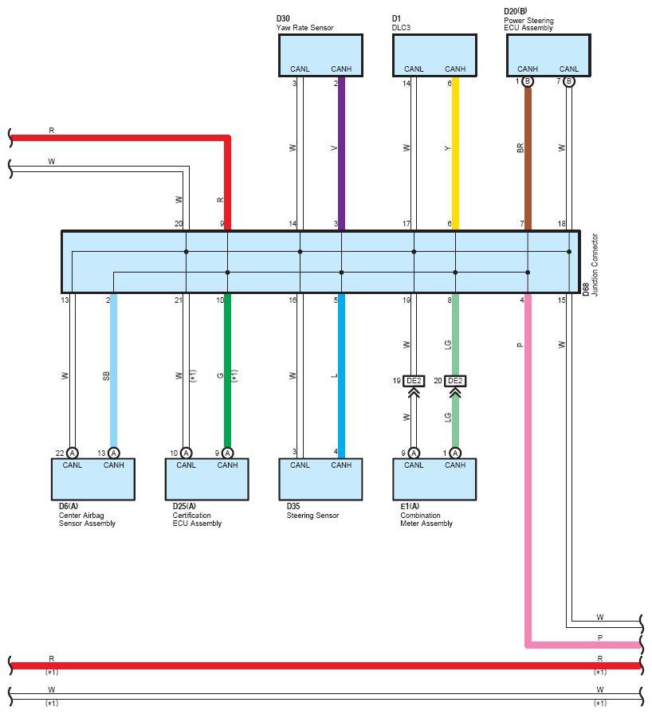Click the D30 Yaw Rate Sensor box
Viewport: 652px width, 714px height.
pos(320,55)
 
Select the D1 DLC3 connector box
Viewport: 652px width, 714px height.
pos(435,55)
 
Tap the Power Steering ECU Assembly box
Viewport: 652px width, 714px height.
pos(548,55)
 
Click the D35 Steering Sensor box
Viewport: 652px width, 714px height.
pos(320,479)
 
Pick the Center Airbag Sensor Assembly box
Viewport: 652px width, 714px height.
pos(93,479)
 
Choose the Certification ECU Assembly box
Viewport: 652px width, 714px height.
pos(206,479)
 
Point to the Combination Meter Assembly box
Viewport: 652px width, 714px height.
pos(434,479)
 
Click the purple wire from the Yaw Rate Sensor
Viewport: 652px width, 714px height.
pos(341,154)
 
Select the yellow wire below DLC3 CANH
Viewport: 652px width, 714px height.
pos(455,154)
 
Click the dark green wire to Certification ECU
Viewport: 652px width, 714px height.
pos(228,371)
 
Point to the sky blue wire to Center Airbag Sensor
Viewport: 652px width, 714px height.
pos(114,371)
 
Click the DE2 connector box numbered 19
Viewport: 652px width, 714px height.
pos(414,381)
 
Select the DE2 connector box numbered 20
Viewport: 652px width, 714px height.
pos(455,381)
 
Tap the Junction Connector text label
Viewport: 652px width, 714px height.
pos(595,265)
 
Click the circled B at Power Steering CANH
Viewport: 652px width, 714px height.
pos(527,81)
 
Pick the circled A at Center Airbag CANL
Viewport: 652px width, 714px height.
pos(72,453)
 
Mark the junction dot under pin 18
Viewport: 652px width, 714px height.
pos(569,251)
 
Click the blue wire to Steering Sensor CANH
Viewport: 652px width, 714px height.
pos(341,375)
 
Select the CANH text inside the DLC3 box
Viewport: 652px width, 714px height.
pos(455,69)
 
